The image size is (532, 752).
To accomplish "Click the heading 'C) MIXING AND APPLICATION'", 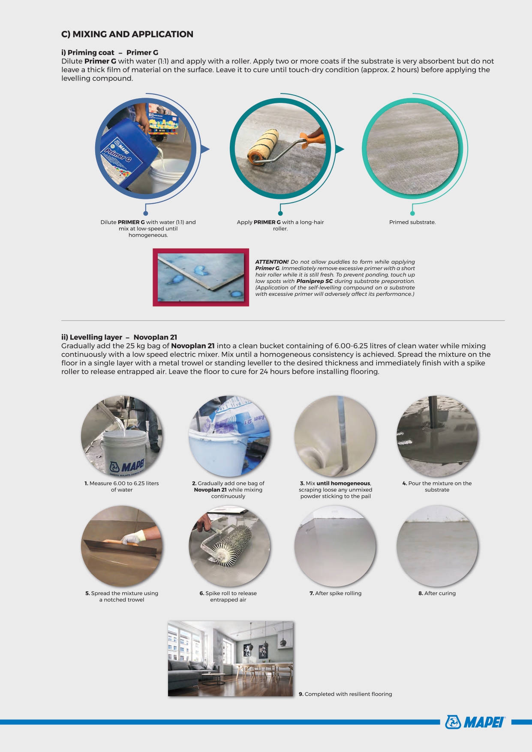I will [x=127, y=34].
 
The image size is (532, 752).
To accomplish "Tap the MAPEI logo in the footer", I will [x=475, y=722].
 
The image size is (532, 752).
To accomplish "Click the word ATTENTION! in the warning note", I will [x=272, y=262].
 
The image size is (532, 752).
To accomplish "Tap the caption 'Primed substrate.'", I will [x=412, y=222].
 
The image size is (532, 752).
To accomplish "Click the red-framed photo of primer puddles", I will [x=201, y=277].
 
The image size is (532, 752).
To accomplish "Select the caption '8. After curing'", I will [x=437, y=593].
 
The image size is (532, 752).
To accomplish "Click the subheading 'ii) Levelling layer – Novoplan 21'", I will [x=119, y=337].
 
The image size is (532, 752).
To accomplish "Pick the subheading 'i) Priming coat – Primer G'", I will [x=110, y=53].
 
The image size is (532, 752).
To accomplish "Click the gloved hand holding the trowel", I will [x=133, y=537].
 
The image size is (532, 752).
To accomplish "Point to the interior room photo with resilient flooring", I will [x=231, y=659].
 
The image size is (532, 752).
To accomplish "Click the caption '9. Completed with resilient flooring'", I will [x=346, y=694].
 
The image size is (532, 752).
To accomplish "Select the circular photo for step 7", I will [x=335, y=546].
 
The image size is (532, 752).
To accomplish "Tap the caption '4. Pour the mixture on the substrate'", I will [x=437, y=487].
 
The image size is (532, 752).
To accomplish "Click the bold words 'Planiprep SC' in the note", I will [x=314, y=281].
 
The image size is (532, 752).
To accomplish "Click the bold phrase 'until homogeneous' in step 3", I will [x=343, y=483].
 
